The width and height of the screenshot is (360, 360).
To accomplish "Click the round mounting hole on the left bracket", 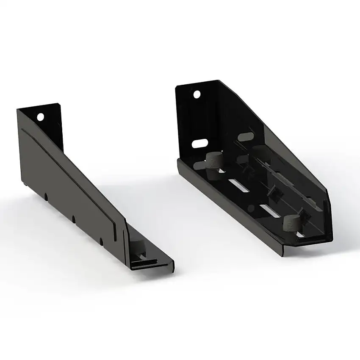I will pyautogui.click(x=40, y=116).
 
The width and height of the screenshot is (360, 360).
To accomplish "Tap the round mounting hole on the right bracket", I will pyautogui.click(x=197, y=94).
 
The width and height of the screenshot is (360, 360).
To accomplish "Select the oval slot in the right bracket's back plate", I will pyautogui.click(x=199, y=144).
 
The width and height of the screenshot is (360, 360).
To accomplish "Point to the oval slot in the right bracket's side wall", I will pyautogui.click(x=246, y=137).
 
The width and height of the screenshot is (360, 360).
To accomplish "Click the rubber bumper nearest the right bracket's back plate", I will pyautogui.click(x=214, y=161).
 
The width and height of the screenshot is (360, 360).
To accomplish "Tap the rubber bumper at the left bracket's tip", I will pyautogui.click(x=138, y=246).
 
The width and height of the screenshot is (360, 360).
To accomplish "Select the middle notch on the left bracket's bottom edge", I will pyautogui.click(x=73, y=219).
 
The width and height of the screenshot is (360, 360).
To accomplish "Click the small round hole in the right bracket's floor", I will pyautogui.click(x=251, y=208).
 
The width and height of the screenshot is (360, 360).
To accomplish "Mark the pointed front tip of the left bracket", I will pyautogui.click(x=173, y=267).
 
